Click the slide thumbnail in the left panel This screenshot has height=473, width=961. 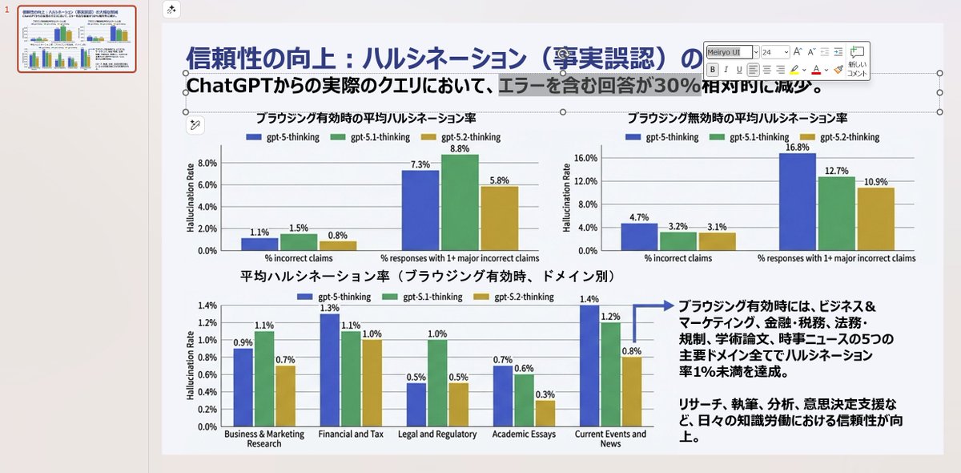[77, 39]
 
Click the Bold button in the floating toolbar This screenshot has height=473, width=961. [713, 70]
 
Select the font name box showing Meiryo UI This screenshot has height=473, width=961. [730, 52]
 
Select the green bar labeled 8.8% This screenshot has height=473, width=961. [460, 202]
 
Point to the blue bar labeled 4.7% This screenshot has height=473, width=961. [639, 236]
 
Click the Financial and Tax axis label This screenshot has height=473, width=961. [350, 435]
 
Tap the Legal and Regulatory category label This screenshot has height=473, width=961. [437, 435]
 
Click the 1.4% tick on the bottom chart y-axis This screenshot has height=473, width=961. [207, 305]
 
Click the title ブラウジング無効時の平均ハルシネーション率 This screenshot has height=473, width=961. [738, 118]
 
